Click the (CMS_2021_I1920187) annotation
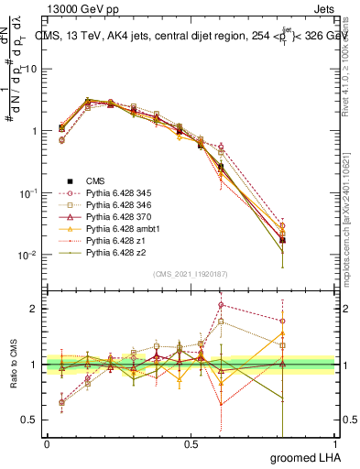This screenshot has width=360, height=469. tap(191, 274)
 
